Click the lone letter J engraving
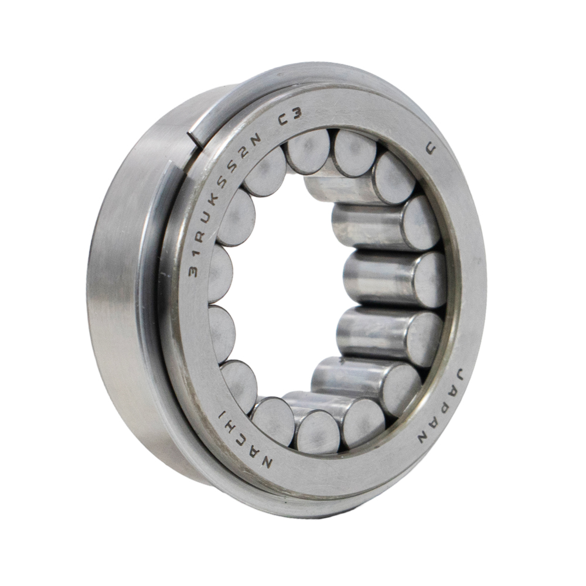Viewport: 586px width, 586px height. click(431, 150)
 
